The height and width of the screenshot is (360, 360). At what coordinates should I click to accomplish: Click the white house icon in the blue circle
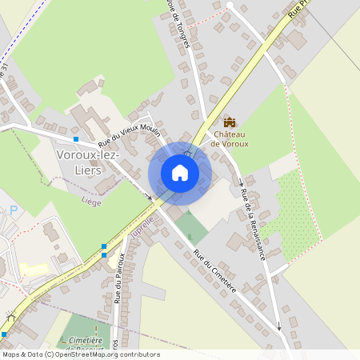tap(180, 173)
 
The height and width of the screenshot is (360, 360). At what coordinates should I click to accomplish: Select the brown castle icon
tap(230, 122)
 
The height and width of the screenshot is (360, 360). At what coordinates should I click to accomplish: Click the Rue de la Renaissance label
tap(252, 223)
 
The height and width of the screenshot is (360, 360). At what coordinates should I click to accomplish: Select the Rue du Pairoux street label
tap(118, 278)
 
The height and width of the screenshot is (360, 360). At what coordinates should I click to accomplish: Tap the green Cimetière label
tap(87, 340)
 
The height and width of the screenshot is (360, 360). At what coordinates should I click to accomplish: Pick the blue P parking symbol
tap(13, 210)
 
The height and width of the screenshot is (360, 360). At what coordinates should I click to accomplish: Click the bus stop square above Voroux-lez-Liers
tap(76, 138)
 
